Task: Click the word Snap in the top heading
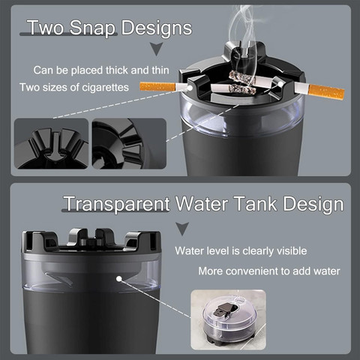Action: click(x=92, y=28)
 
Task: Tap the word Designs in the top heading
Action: click(x=157, y=28)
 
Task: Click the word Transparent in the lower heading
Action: click(x=117, y=204)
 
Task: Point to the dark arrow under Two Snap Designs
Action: click(x=157, y=49)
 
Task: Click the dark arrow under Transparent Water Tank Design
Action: click(x=182, y=229)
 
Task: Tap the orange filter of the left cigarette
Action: click(x=157, y=86)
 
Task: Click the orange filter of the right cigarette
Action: click(x=326, y=91)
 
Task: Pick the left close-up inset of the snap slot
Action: click(x=52, y=143)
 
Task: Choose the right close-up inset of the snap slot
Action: click(x=129, y=143)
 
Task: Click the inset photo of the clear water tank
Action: click(x=228, y=319)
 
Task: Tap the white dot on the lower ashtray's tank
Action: click(x=119, y=278)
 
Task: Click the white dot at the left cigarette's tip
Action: click(x=190, y=88)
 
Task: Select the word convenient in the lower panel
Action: click(x=259, y=271)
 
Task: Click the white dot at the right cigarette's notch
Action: click(x=281, y=84)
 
